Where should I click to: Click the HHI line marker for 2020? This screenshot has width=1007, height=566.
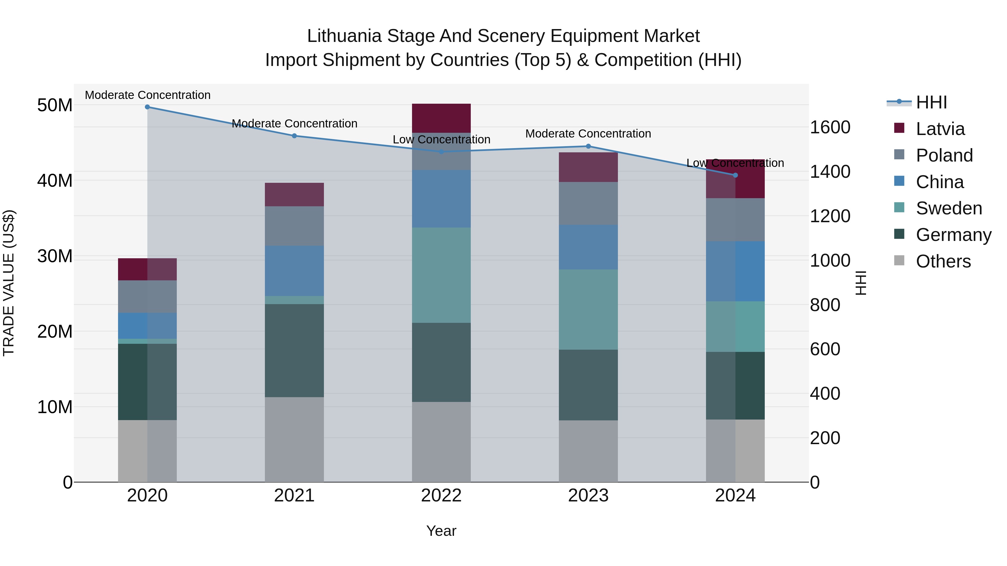click(147, 107)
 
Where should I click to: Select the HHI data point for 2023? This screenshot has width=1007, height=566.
click(588, 146)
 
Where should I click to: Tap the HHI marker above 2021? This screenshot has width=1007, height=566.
click(294, 136)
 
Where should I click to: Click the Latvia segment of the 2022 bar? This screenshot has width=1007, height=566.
click(441, 118)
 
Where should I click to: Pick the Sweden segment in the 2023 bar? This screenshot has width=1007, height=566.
click(588, 309)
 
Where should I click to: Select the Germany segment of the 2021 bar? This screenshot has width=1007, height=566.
click(294, 351)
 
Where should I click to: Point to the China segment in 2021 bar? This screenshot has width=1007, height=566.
click(294, 271)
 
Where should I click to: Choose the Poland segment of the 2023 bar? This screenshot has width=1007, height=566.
click(588, 203)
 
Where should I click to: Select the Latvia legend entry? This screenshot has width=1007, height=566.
click(940, 129)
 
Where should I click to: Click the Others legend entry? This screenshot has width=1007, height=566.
click(943, 261)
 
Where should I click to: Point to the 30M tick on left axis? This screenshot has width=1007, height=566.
click(55, 256)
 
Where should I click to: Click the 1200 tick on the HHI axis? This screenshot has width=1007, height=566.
click(830, 216)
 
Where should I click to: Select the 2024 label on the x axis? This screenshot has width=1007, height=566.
click(735, 496)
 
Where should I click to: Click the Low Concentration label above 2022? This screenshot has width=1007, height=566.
click(441, 139)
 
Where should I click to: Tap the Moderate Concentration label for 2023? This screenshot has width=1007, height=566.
click(588, 134)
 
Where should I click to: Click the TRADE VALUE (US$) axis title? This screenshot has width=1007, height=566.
click(9, 283)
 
